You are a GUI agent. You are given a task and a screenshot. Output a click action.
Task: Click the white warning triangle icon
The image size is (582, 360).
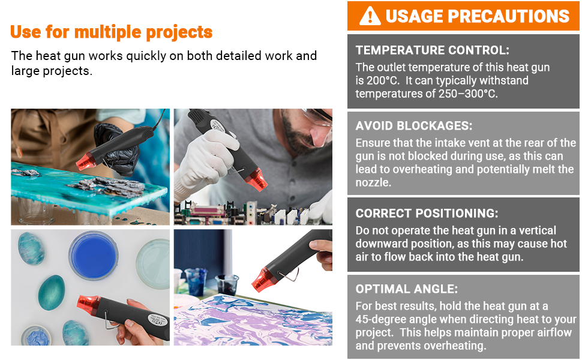click(370, 16)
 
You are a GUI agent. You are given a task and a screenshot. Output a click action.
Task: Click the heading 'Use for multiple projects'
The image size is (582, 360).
click(112, 32)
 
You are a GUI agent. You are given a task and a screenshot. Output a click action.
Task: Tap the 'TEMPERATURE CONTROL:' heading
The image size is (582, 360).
click(433, 50)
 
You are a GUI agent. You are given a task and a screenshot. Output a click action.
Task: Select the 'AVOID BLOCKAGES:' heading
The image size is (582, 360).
click(414, 126)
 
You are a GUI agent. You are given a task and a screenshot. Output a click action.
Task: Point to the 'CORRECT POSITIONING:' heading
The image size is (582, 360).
click(427, 214)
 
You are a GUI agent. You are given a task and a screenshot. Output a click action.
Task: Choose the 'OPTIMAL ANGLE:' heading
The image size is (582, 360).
click(407, 289)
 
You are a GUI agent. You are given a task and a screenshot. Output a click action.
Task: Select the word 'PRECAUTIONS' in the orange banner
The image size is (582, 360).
click(509, 16)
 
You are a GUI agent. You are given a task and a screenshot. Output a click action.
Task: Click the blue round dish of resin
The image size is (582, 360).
click(93, 256)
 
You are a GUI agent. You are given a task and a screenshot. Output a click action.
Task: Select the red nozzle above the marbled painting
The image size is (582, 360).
click(264, 279)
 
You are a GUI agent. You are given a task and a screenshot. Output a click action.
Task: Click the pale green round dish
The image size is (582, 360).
click(154, 263)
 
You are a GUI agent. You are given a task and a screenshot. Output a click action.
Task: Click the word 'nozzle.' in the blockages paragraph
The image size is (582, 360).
click(373, 182)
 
